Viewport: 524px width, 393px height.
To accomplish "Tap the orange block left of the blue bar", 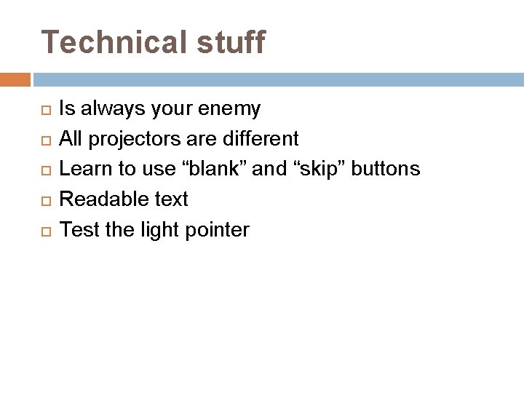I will [15, 79].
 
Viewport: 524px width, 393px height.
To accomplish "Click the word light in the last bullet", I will [160, 231].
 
